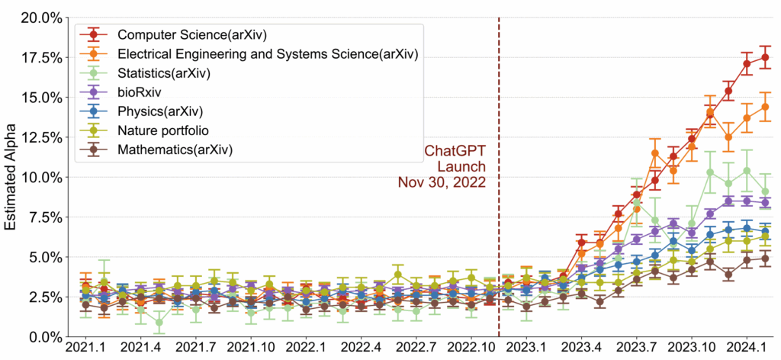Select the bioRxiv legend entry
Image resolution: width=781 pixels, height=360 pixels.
pos(138,92)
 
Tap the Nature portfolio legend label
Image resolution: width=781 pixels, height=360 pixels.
pos(164,130)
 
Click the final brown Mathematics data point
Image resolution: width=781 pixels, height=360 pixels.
pos(765,259)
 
